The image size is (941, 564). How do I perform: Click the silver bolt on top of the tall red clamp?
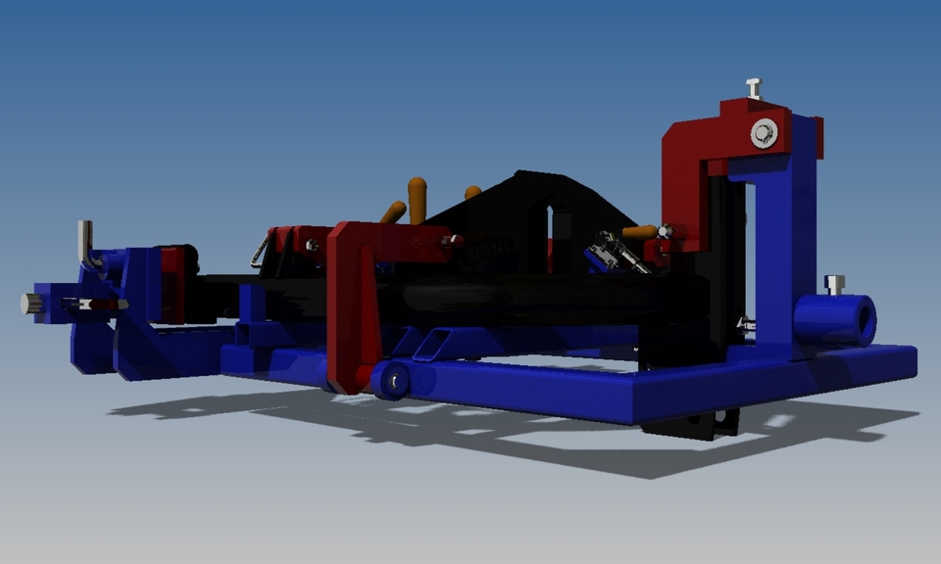(753, 88)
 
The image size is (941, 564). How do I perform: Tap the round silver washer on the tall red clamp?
(764, 134)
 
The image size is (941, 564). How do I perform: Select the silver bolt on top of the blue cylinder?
(834, 285)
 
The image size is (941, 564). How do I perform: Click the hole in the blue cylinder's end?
(864, 320)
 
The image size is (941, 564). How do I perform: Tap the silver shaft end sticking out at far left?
(28, 304)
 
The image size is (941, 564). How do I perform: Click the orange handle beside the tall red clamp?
(639, 232)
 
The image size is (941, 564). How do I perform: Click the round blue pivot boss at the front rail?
(389, 380)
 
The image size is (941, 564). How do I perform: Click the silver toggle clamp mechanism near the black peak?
(616, 251)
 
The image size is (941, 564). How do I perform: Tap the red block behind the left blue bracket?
(174, 284)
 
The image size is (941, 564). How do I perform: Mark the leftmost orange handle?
(393, 211)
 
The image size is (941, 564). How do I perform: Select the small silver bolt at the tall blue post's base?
(746, 322)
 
